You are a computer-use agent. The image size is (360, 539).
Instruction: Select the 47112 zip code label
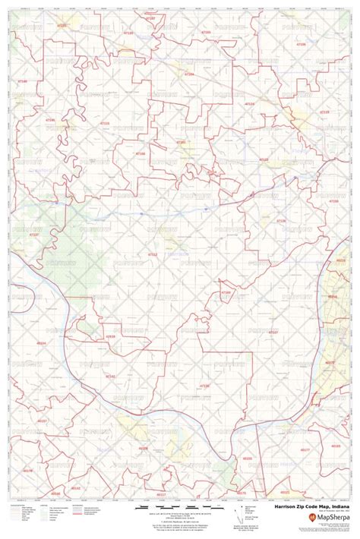tap(153, 254)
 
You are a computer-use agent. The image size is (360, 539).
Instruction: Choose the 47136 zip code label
tap(281, 221)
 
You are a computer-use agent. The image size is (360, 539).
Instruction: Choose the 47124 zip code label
tap(188, 74)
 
